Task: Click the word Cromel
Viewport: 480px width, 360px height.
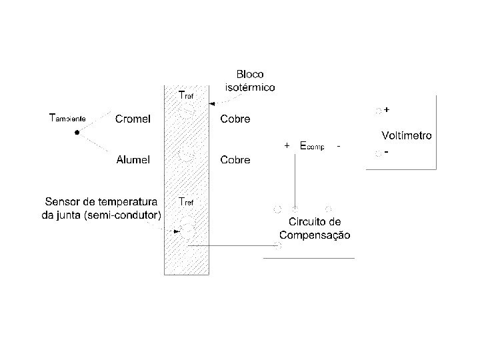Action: [x=133, y=119]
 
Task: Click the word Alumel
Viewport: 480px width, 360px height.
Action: [x=133, y=160]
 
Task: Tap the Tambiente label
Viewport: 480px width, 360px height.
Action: [x=68, y=119]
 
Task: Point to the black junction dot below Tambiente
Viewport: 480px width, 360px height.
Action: [x=77, y=133]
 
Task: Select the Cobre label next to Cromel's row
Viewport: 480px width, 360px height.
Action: [x=235, y=119]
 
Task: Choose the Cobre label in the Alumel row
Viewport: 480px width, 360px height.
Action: [x=235, y=160]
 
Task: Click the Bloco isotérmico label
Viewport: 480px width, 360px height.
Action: [x=249, y=80]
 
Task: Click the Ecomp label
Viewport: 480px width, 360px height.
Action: [x=311, y=145]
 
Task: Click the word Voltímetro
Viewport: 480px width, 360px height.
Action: [x=406, y=135]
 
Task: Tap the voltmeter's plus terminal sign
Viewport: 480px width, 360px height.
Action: [x=387, y=109]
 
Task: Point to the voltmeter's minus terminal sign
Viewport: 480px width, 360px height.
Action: [x=387, y=152]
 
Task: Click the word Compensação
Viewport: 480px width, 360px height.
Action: [x=315, y=235]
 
